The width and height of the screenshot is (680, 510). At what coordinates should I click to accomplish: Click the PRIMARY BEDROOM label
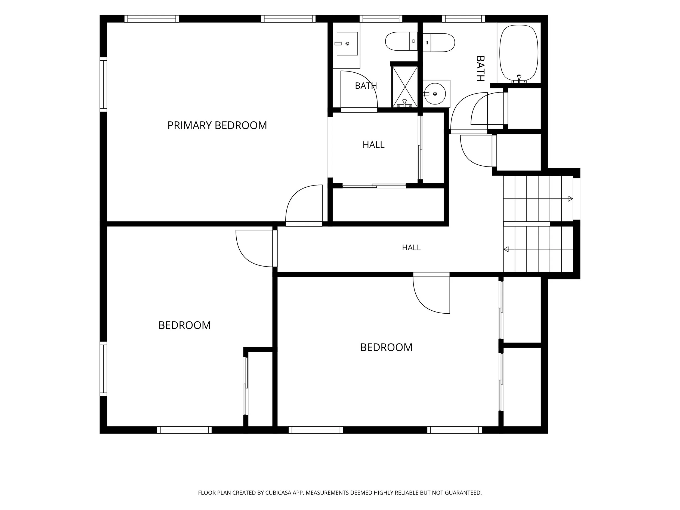point(217,125)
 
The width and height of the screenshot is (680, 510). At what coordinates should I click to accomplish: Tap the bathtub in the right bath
point(519,54)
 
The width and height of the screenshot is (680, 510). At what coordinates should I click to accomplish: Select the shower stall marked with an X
point(404,87)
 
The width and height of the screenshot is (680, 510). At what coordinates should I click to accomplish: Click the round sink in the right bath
point(435,94)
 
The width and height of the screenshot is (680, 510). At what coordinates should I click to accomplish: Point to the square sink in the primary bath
point(347,44)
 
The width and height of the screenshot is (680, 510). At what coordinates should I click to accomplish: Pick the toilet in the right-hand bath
point(439,42)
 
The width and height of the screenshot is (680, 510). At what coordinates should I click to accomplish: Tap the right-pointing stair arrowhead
point(570,199)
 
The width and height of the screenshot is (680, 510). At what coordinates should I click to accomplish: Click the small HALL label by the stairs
point(411,248)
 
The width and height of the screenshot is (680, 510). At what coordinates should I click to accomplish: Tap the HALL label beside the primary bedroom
point(373,145)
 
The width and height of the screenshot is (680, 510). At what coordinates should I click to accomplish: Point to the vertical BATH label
point(480,69)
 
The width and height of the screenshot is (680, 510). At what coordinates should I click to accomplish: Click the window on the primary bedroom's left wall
point(103,84)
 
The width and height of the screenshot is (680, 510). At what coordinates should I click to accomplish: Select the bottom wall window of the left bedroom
point(184,430)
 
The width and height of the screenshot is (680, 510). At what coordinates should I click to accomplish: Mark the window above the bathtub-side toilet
point(463,19)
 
